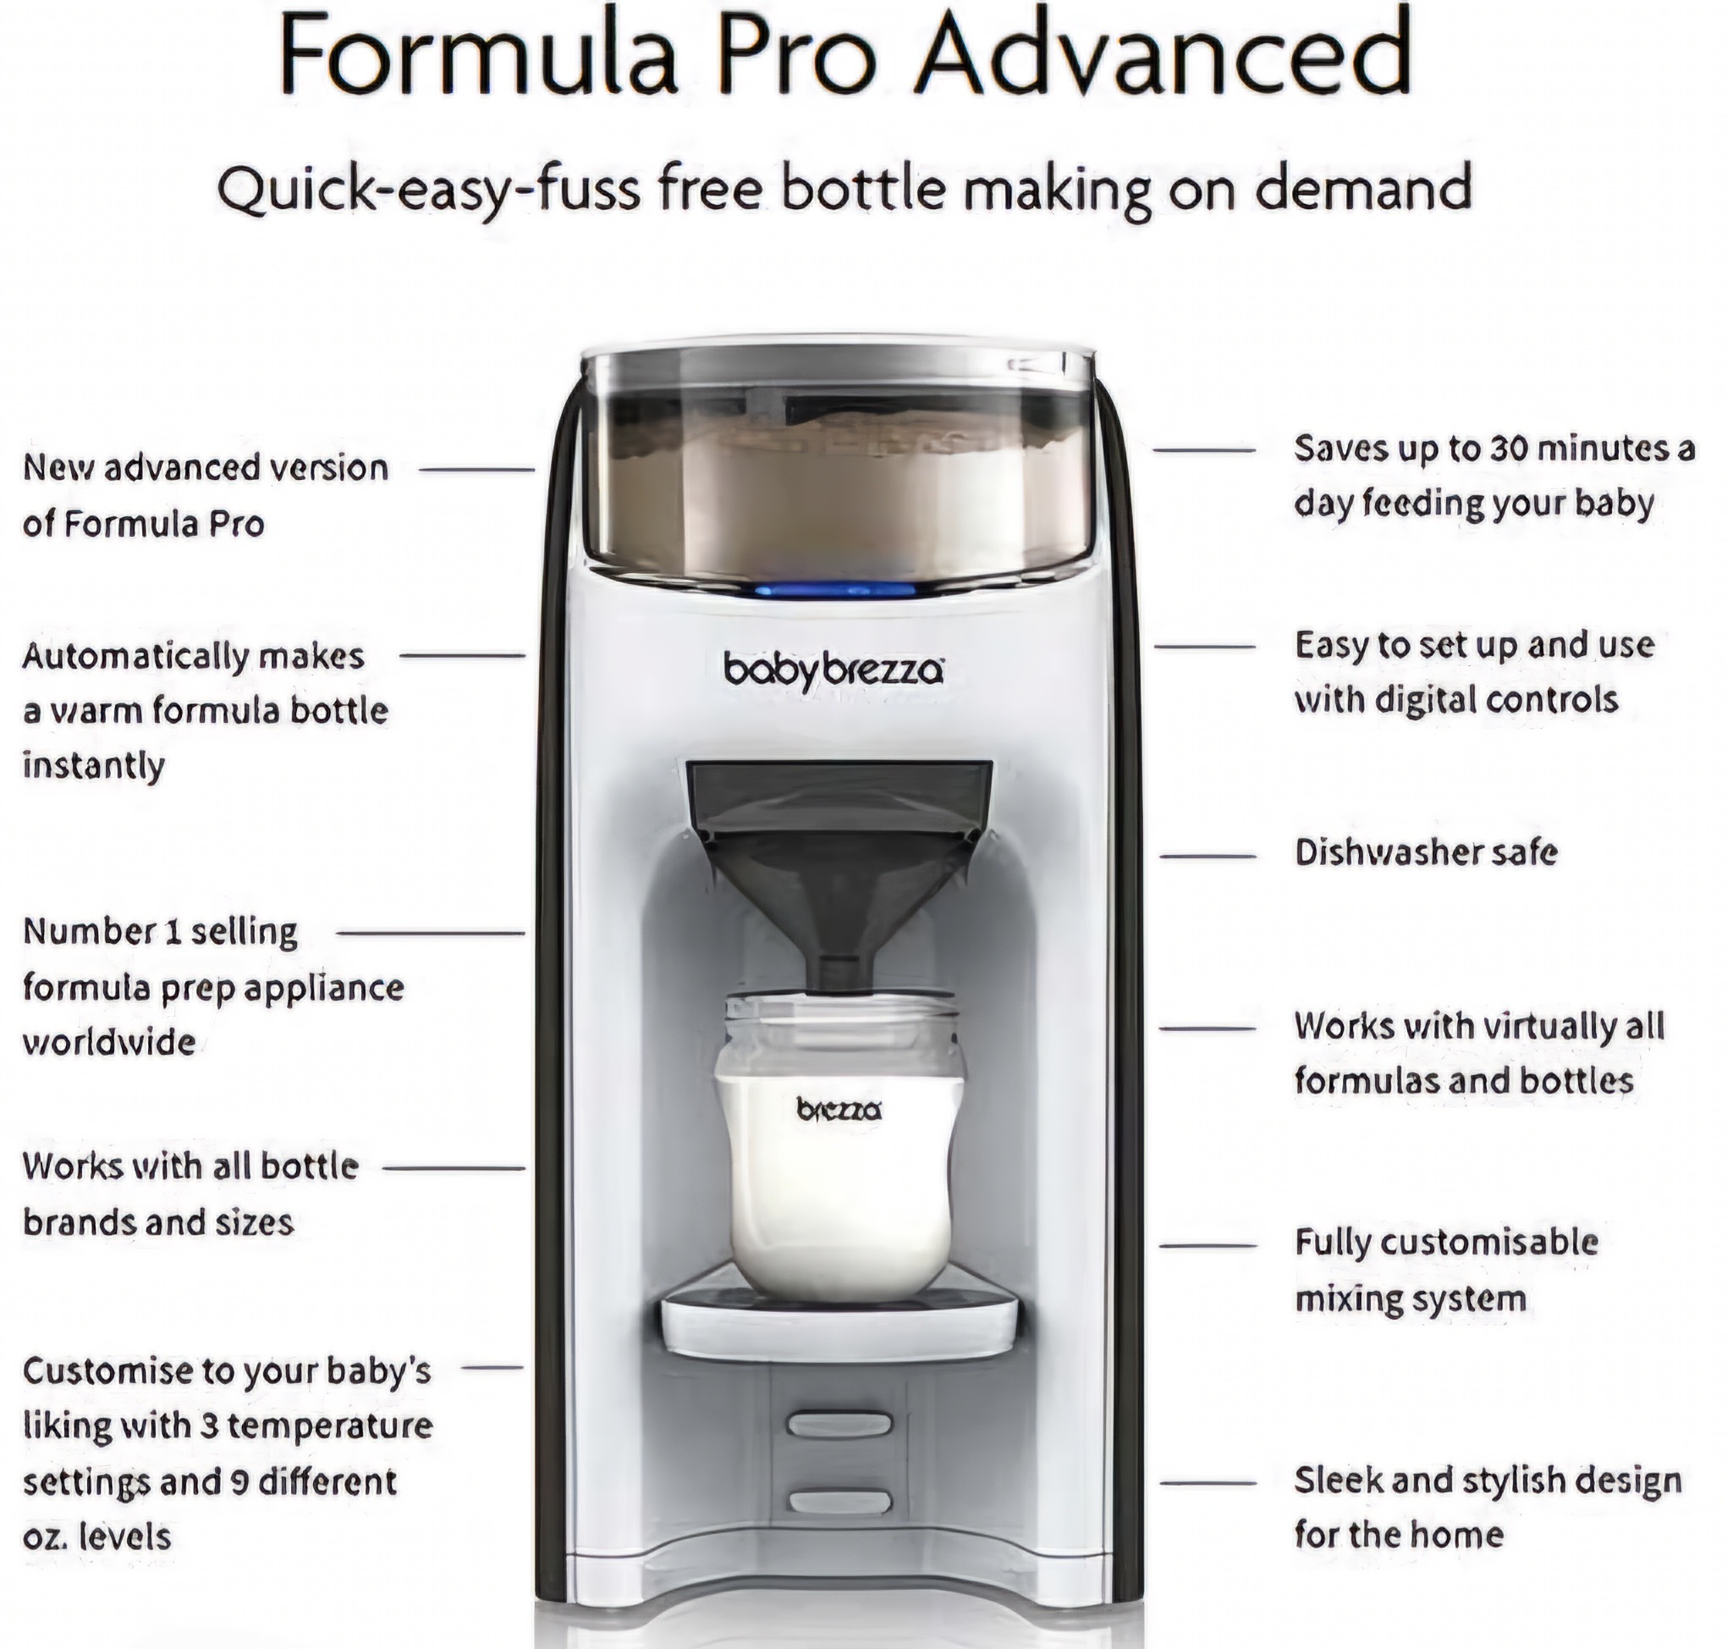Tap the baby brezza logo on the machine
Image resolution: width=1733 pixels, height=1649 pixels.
click(834, 672)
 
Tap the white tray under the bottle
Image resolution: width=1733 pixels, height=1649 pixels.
click(839, 1313)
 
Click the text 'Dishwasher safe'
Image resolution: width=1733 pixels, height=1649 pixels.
click(1426, 852)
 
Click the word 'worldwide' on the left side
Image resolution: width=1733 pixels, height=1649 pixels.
click(109, 1043)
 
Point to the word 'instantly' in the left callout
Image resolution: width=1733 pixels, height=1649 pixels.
click(94, 765)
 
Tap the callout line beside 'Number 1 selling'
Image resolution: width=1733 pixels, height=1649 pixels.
click(431, 934)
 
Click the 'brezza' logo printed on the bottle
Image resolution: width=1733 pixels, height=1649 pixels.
click(839, 1110)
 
